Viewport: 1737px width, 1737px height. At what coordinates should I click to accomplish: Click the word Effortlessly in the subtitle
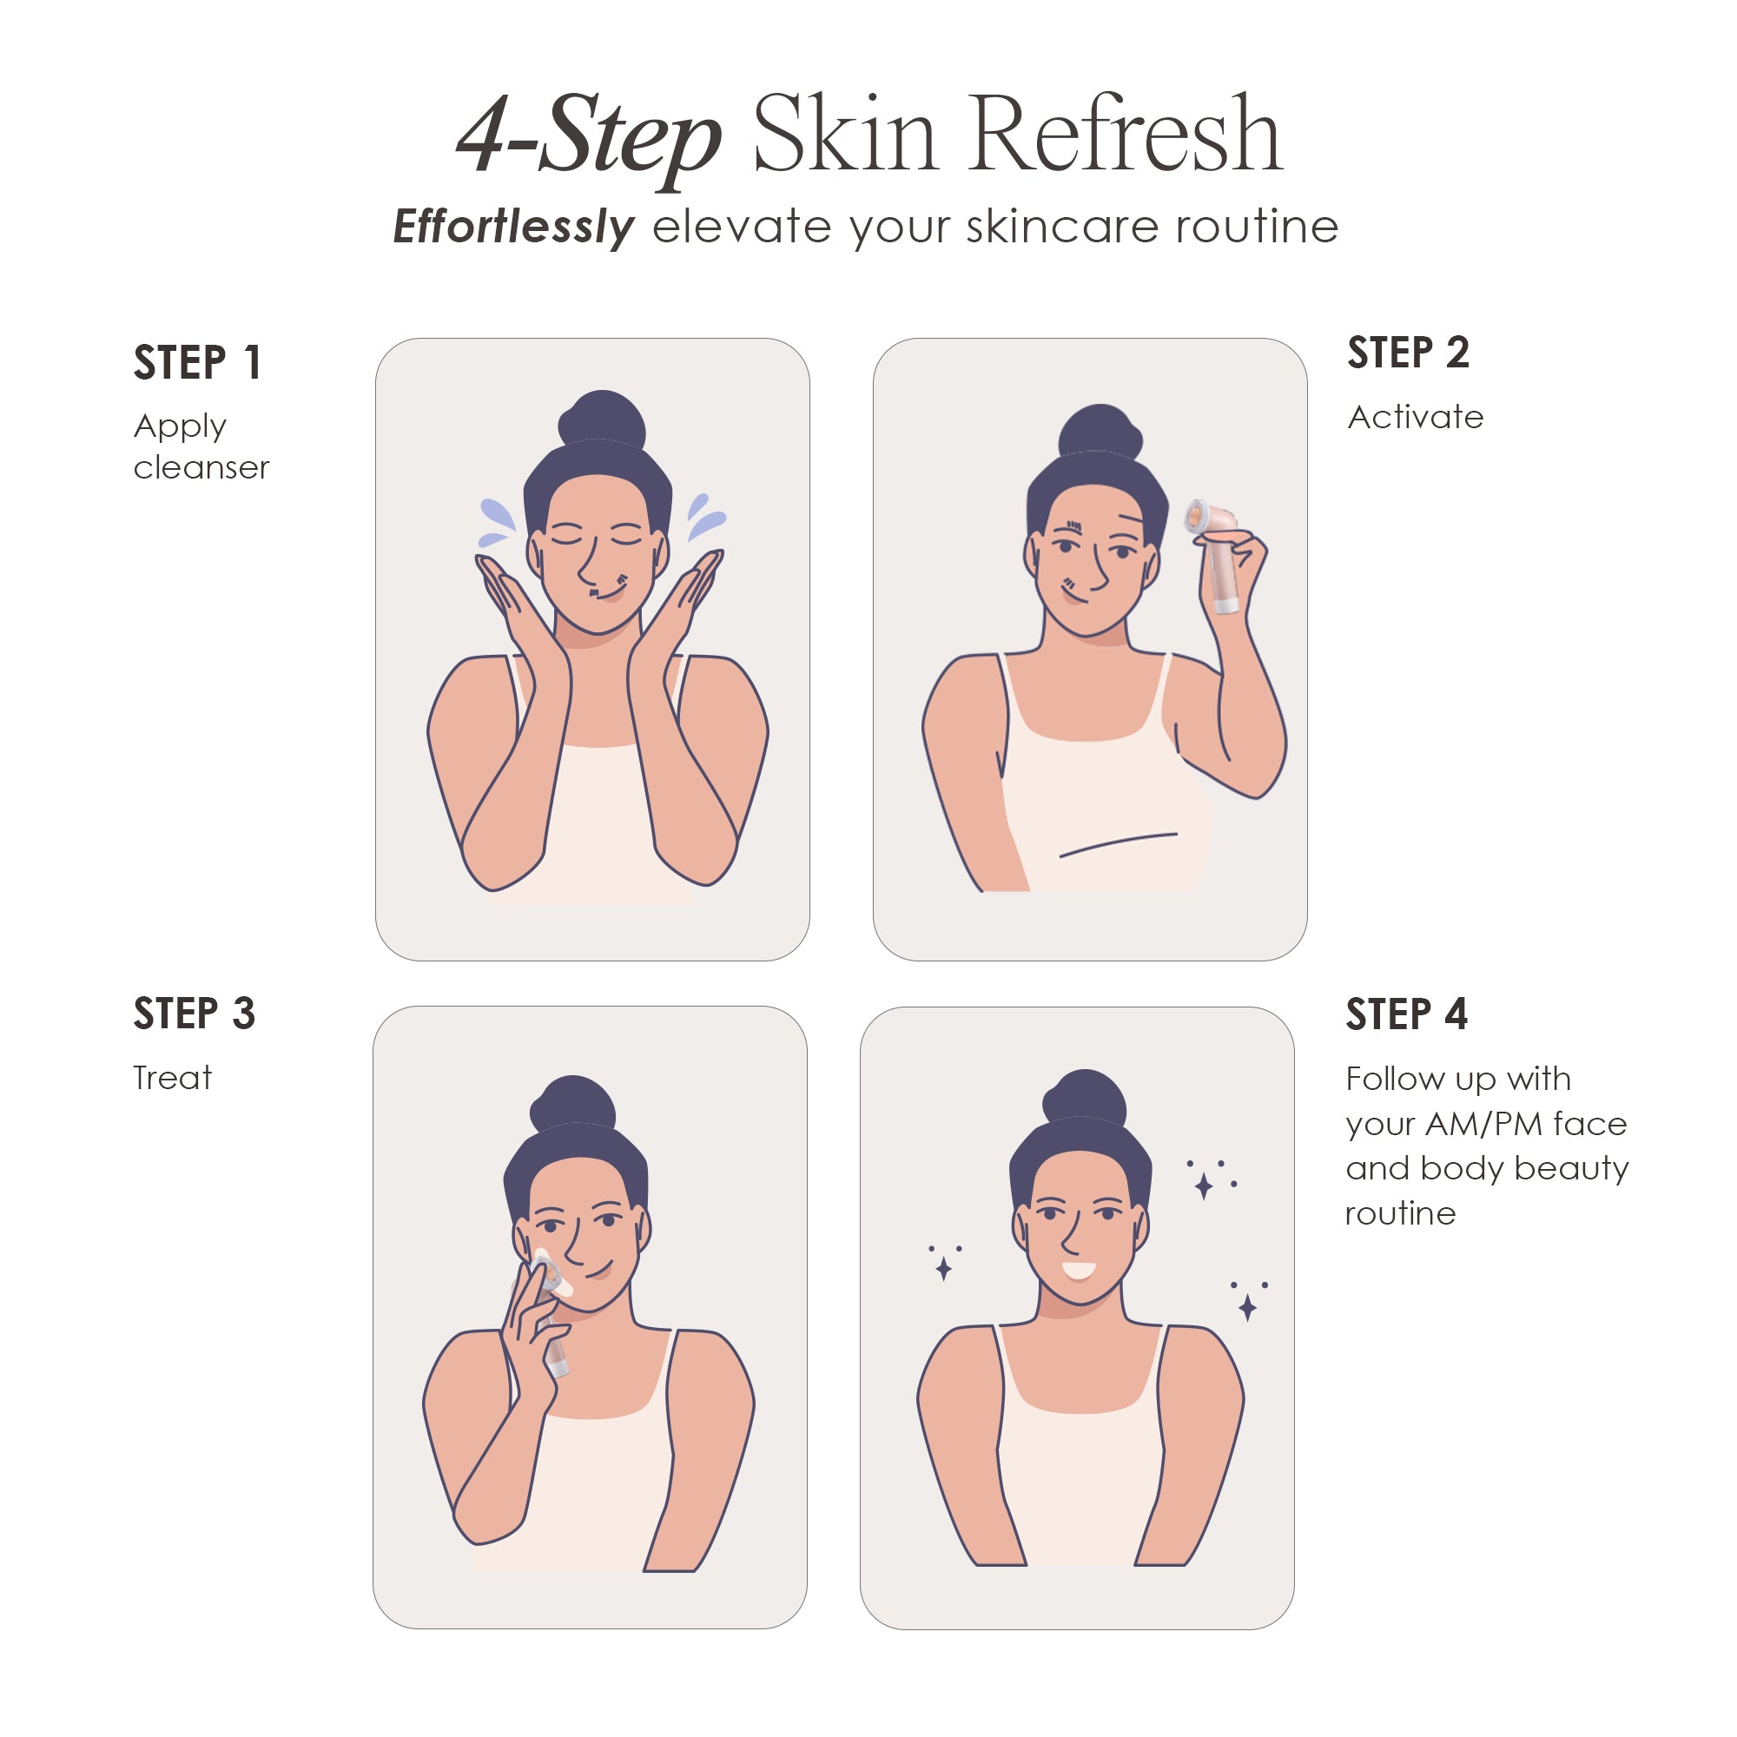pos(513,227)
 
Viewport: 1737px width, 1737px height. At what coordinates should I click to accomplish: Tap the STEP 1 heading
pos(198,363)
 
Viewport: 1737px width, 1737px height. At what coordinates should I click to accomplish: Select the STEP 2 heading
pos(1408,353)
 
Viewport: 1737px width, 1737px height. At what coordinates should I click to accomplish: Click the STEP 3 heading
pos(195,1014)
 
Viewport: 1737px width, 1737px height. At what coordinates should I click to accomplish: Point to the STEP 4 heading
pos(1406,1014)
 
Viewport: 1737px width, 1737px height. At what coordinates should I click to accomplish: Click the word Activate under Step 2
pos(1415,417)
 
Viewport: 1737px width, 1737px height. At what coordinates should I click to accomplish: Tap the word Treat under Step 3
pos(172,1077)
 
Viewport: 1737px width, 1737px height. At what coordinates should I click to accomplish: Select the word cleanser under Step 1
pos(201,467)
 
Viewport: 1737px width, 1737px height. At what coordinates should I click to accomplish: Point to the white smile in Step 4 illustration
pos(1079,1271)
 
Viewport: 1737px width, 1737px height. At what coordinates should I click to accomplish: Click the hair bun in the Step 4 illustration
pos(1085,1097)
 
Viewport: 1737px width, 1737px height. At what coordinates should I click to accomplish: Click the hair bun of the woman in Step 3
pos(573,1103)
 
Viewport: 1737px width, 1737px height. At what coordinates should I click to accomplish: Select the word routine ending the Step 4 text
pos(1400,1214)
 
